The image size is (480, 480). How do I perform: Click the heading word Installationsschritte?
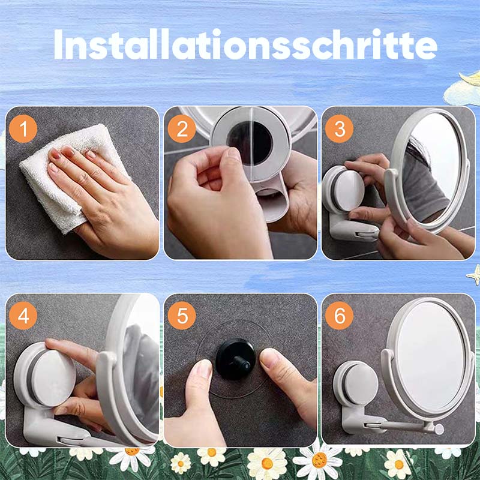coord(245,44)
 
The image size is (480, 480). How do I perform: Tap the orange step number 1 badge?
coord(23,128)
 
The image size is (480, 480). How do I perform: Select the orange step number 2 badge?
coord(182,128)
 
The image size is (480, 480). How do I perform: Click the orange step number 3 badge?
coord(339,128)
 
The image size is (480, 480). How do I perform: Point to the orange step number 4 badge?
coord(23,316)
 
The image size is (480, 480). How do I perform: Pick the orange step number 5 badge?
coord(182,316)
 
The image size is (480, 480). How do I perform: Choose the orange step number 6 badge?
coord(339,316)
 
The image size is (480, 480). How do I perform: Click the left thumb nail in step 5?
coord(203,370)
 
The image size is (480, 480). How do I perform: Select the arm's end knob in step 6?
coord(439,429)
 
